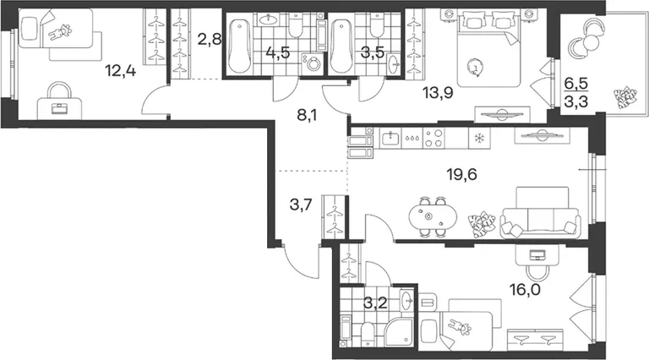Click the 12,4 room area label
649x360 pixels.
pos(120,71)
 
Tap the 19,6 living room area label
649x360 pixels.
pos(461,174)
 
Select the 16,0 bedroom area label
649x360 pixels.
pos(525,290)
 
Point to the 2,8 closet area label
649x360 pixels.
pos(210,40)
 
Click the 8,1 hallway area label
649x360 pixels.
pos(307,115)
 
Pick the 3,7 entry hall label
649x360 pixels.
pos(301,204)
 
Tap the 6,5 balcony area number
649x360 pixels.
pos(576,84)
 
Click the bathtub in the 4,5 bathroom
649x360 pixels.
pos(239,45)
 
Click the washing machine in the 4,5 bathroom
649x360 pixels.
pos(311,64)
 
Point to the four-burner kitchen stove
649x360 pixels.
pos(434,139)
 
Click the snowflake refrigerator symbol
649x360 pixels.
pos(479,139)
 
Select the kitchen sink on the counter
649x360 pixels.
pos(390,139)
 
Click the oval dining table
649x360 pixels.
pos(433,216)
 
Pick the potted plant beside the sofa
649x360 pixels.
pos(482,225)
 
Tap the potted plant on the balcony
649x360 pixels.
pos(625,98)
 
